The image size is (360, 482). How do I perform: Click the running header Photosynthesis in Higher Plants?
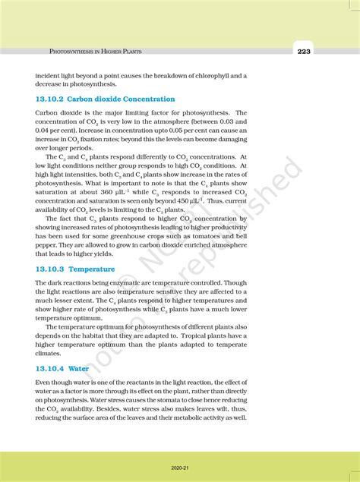coord(95,52)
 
